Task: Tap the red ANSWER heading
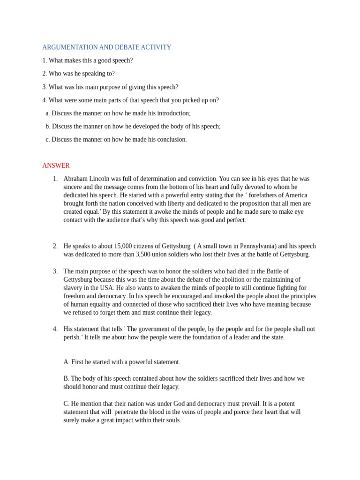pos(56,165)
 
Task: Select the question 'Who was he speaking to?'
pos(82,74)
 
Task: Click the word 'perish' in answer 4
pos(72,337)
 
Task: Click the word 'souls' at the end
pos(172,420)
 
